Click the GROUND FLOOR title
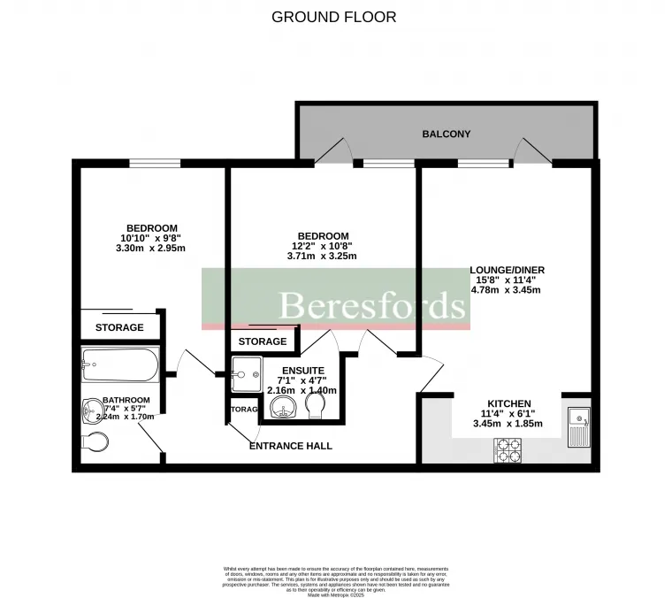tap(333, 17)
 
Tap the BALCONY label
tap(446, 134)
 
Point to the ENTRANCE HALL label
tap(291, 446)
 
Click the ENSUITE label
tap(302, 370)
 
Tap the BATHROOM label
tap(126, 400)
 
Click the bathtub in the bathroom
tap(119, 363)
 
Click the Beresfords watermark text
tap(372, 305)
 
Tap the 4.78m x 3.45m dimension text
tap(506, 289)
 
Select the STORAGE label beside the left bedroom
tap(119, 327)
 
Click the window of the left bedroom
tap(155, 163)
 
